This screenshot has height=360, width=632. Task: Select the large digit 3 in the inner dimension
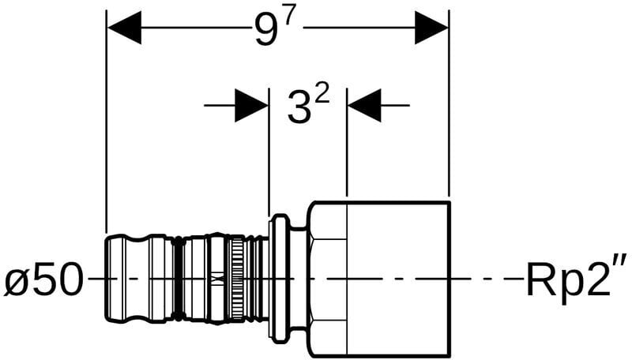[300, 107]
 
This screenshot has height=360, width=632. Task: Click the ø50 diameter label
[43, 278]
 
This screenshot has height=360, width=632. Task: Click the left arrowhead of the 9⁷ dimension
[124, 28]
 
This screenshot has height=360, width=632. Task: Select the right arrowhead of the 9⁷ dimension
[431, 28]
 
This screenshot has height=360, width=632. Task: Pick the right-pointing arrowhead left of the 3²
[251, 106]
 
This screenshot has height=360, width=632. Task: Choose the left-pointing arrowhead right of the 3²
[364, 106]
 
